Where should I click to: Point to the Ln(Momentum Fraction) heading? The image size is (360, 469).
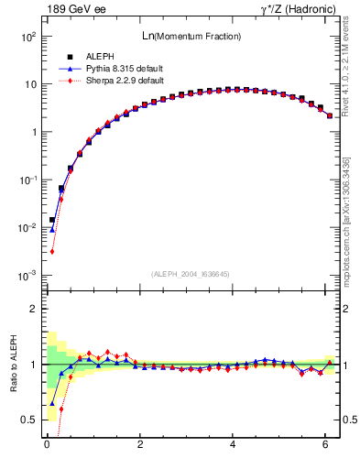[x=190, y=36]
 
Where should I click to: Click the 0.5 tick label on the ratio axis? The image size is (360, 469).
[x=28, y=420]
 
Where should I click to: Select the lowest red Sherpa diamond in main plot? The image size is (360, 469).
[x=52, y=251]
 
